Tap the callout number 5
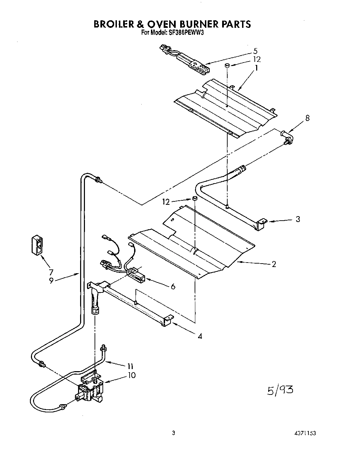(255, 51)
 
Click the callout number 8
(307, 118)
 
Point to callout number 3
(298, 219)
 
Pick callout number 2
(274, 264)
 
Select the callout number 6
(173, 286)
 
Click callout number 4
(200, 336)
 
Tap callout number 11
(130, 366)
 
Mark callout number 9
(51, 280)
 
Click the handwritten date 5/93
(280, 390)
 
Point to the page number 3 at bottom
(174, 433)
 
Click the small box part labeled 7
(37, 245)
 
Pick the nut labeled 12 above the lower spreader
(194, 198)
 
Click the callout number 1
(256, 68)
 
